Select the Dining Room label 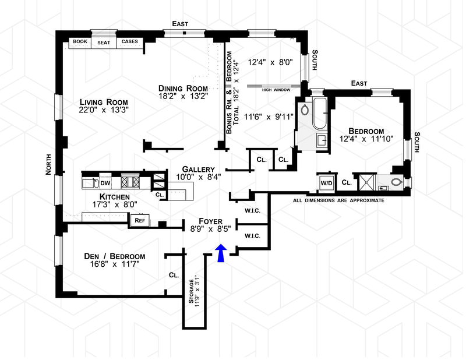183,88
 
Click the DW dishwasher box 105,182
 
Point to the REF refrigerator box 140,220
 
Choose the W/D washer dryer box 326,182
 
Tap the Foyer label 210,221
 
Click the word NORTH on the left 49,164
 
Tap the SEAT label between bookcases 104,42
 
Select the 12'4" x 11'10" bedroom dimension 370,139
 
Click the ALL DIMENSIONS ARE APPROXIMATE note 338,200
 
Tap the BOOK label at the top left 79,42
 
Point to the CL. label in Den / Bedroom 174,274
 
